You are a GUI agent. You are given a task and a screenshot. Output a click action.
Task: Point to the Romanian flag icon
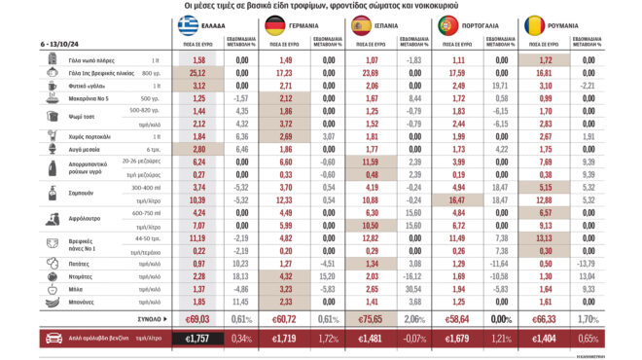click(533, 25)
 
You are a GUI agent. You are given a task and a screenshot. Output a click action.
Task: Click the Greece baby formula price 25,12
click(199, 73)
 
